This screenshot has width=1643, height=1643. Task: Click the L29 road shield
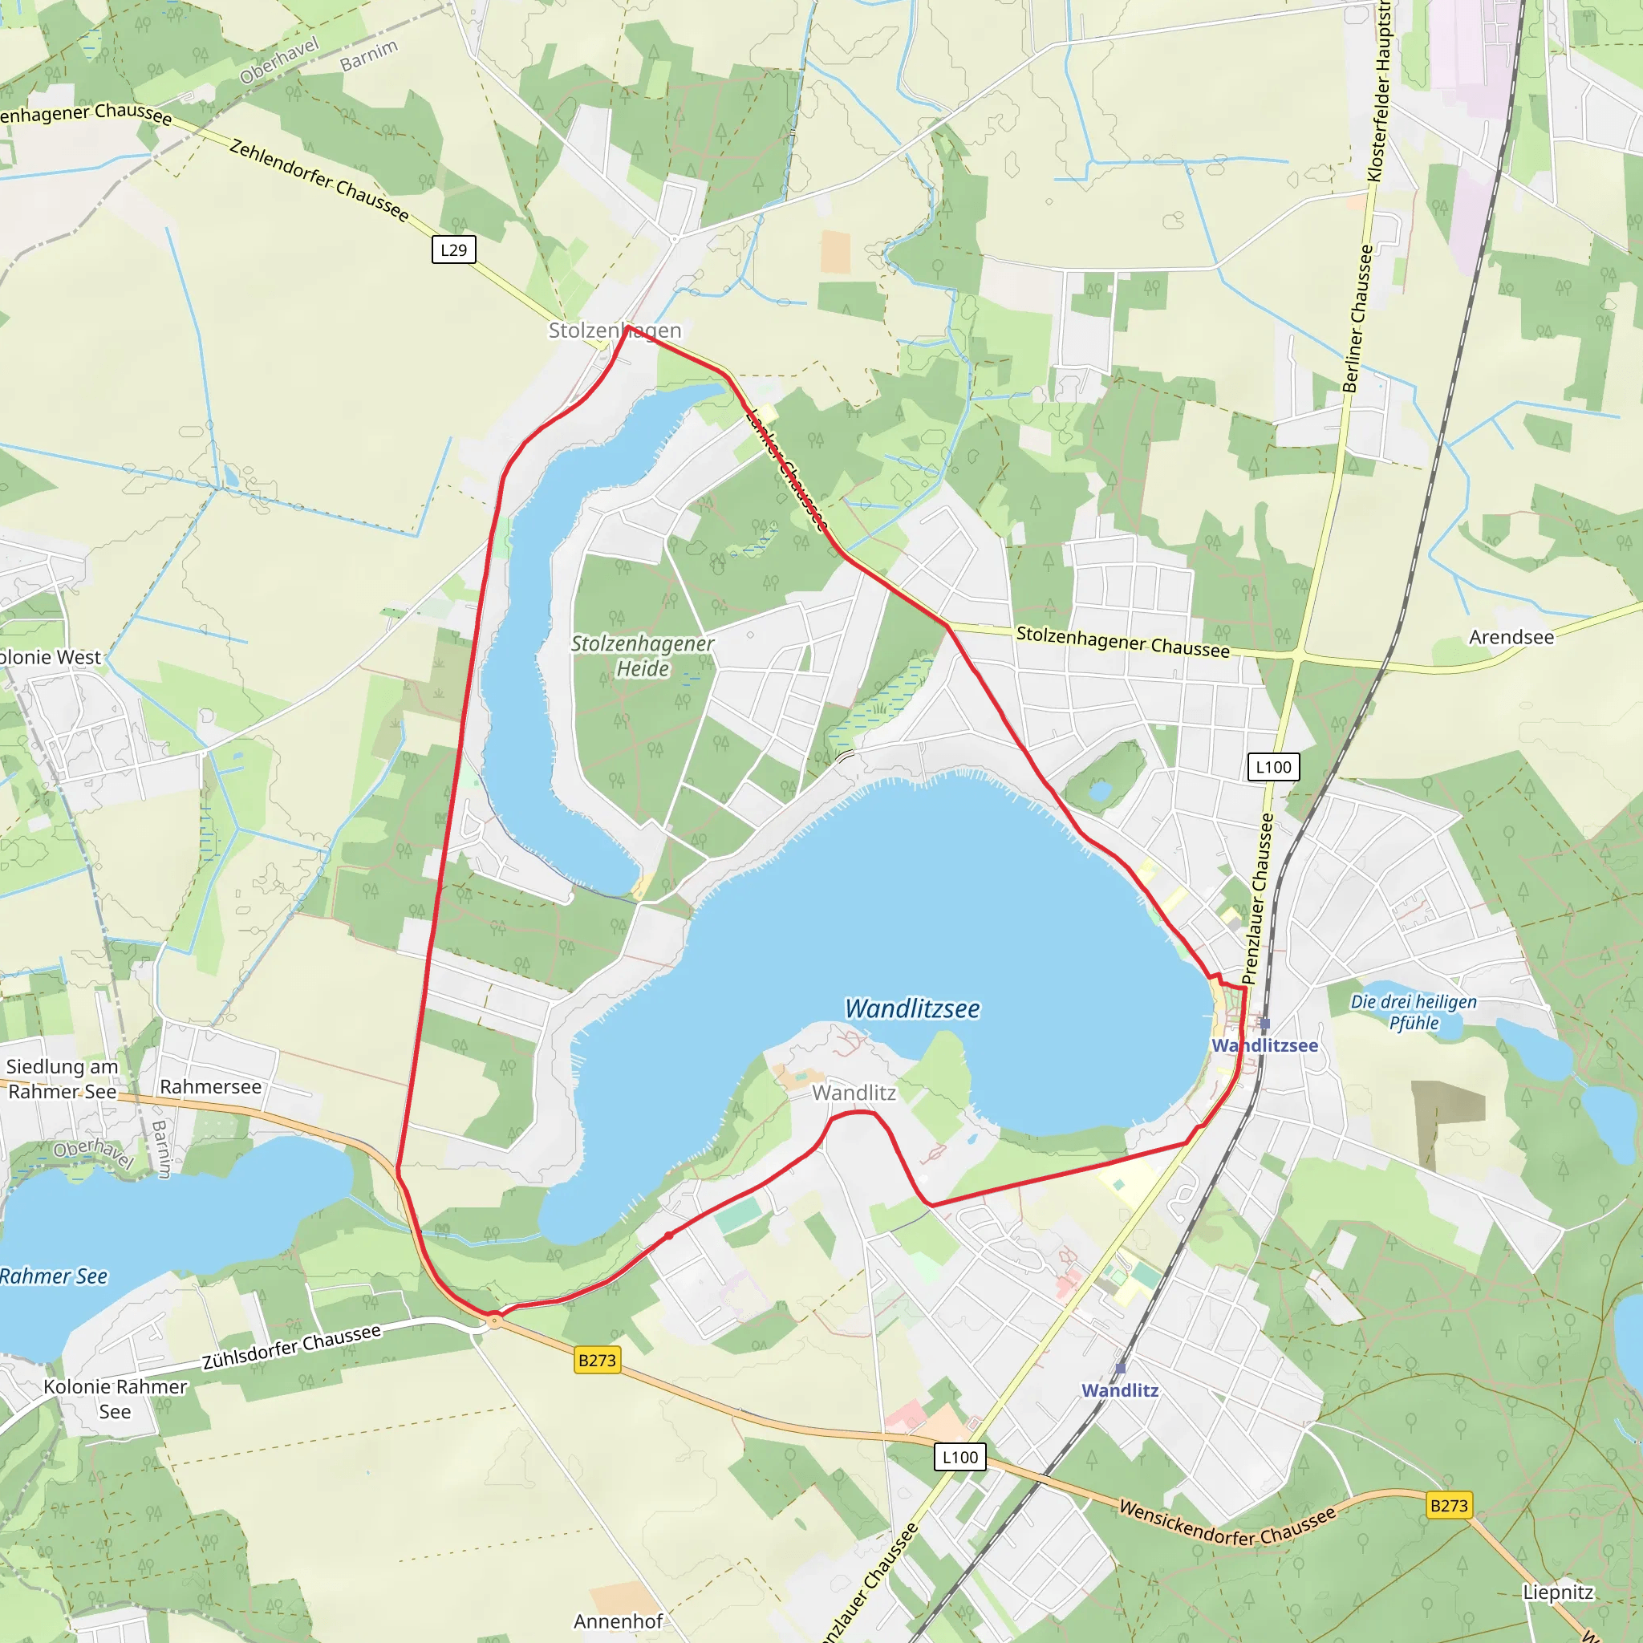point(453,250)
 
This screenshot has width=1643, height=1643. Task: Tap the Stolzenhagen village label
point(614,330)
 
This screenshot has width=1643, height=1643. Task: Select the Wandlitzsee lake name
point(911,1008)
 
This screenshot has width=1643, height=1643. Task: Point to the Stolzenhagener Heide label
point(642,655)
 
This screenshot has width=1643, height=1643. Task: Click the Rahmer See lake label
point(54,1276)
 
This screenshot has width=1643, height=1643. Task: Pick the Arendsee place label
point(1511,637)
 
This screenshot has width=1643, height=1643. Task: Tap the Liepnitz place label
point(1558,1592)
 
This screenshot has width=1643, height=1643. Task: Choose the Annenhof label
point(619,1621)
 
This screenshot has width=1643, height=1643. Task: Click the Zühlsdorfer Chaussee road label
point(292,1347)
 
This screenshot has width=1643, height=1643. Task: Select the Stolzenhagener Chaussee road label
point(1122,642)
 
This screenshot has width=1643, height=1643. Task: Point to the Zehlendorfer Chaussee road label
point(319,181)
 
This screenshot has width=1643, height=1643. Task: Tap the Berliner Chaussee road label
point(1357,319)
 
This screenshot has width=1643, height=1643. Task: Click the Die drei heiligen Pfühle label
point(1414,1012)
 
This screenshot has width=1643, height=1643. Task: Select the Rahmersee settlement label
point(210,1087)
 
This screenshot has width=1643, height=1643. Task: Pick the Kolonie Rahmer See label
point(115,1399)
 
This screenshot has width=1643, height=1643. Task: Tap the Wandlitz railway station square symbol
point(1121,1369)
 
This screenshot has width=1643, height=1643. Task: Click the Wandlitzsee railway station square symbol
point(1264,1023)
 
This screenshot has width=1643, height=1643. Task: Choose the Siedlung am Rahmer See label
point(62,1079)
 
